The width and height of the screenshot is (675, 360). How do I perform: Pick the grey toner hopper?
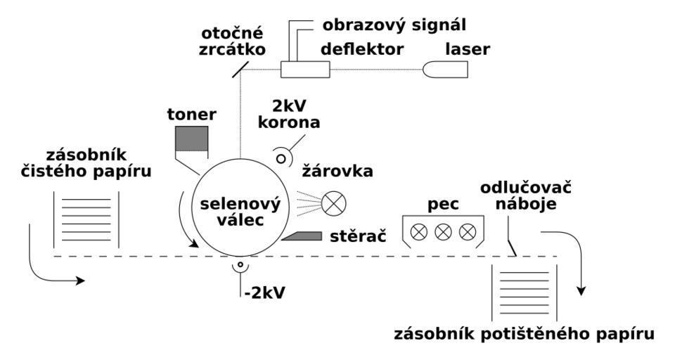tap(193, 141)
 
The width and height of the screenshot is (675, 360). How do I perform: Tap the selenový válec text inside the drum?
tap(240, 211)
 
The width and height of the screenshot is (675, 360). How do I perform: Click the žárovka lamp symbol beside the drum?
tap(331, 204)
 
